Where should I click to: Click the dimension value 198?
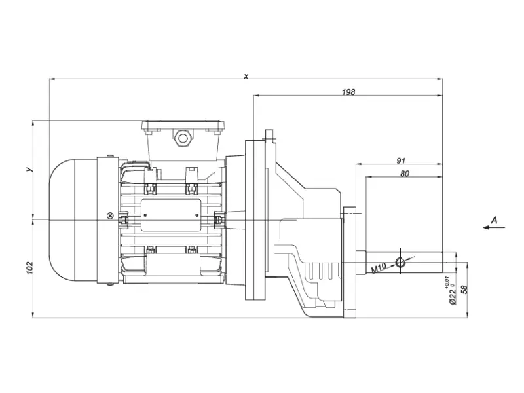348,92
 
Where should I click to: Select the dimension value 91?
401,160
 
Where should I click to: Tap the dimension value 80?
404,174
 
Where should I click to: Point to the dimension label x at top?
246,76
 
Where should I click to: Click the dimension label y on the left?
30,170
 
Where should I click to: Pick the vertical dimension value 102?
30,268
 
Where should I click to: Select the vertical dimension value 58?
464,290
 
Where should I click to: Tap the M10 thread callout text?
379,268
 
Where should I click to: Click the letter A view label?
494,220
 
